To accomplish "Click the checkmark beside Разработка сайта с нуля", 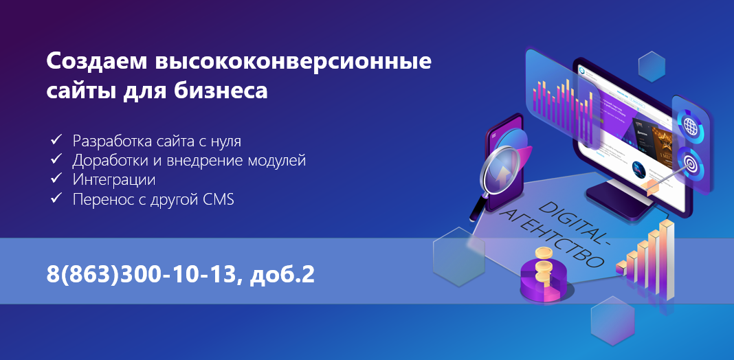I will pos(56,140).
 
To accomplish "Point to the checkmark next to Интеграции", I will pos(56,179).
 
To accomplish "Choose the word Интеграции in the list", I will pos(113,180).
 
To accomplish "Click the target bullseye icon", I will pos(689,163).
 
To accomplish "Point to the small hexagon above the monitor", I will pos(651,67).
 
